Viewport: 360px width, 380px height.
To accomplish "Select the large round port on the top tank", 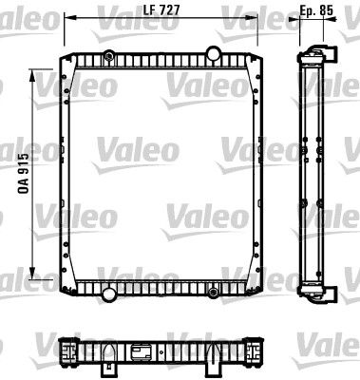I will [x=214, y=53].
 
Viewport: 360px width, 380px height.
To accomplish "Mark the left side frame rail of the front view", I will [x=65, y=171].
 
